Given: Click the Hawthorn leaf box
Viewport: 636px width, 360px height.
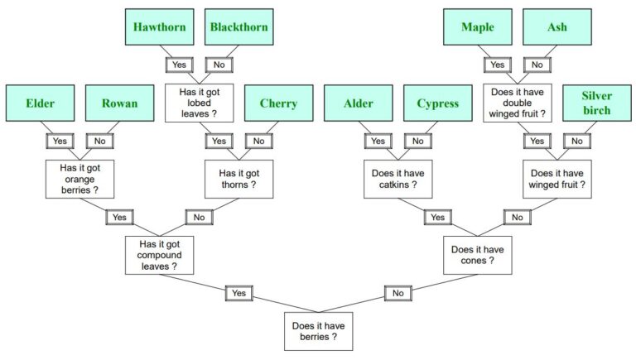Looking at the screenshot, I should click(x=161, y=27).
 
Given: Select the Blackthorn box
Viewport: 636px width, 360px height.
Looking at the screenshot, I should click(x=238, y=27).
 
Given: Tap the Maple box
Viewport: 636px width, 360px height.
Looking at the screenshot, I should click(x=478, y=27).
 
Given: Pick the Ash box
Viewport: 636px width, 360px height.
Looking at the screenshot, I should click(x=556, y=27).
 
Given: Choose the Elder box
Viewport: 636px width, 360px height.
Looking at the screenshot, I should click(x=40, y=104).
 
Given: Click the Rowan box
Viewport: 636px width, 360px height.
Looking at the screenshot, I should click(x=119, y=104).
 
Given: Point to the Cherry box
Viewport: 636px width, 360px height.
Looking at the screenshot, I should click(x=278, y=104).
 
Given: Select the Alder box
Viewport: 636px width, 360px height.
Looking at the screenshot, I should click(x=359, y=104).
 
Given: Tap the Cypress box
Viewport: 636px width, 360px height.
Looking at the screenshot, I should click(x=437, y=104).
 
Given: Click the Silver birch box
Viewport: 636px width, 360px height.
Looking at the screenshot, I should click(x=597, y=104).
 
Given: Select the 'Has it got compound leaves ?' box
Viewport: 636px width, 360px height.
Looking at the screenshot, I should click(x=159, y=254).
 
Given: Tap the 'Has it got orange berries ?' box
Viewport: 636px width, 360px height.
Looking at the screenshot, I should click(x=79, y=179).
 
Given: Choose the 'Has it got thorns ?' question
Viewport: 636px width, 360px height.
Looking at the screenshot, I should click(x=239, y=179).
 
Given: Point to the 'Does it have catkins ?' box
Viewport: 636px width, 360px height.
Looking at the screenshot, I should click(x=397, y=179).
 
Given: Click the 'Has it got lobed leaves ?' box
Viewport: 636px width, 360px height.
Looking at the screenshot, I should click(x=199, y=102).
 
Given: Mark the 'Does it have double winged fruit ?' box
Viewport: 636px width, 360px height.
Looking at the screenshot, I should click(x=518, y=102).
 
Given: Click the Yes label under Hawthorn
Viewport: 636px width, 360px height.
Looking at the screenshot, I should click(x=179, y=64).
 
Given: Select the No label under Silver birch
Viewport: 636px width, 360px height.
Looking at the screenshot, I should click(x=577, y=141).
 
